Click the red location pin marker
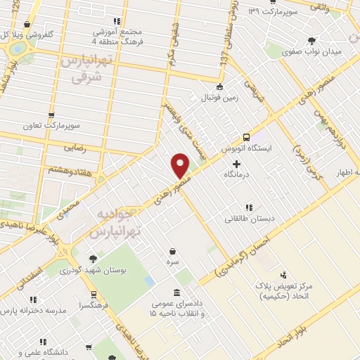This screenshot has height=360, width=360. point(181,165)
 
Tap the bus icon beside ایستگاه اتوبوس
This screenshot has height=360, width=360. point(246,137)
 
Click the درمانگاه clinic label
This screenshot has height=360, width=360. point(239,174)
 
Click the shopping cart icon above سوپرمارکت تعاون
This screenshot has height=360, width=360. point(51,115)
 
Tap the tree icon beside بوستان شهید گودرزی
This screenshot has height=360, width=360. point(92,258)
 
